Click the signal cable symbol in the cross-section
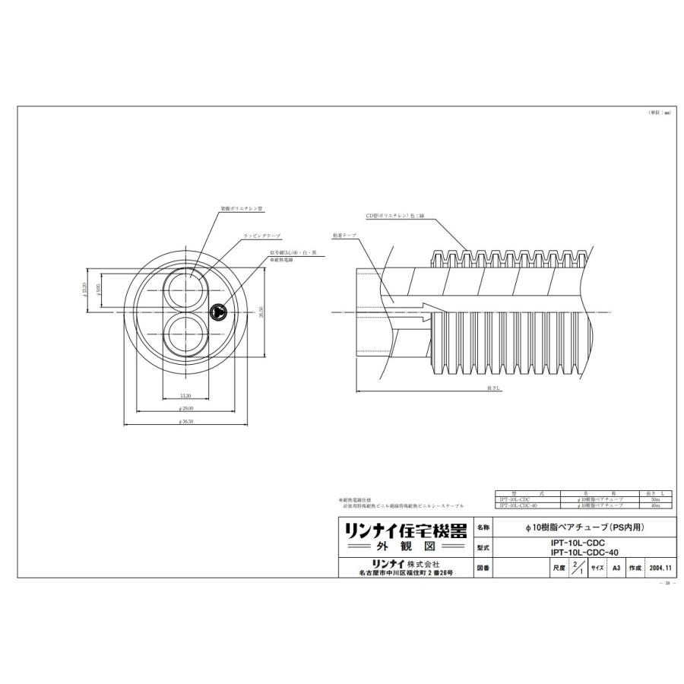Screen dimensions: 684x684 click(217, 310)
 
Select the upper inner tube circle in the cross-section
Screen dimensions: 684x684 click(185, 288)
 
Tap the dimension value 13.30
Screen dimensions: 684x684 click(185, 396)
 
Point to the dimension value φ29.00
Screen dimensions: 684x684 click(185, 408)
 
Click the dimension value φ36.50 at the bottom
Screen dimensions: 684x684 click(185, 421)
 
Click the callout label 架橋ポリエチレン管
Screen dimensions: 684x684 click(242, 207)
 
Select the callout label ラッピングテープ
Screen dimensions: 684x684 click(262, 236)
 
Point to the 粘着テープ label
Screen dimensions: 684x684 click(344, 235)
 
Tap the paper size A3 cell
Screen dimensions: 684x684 click(616, 568)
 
